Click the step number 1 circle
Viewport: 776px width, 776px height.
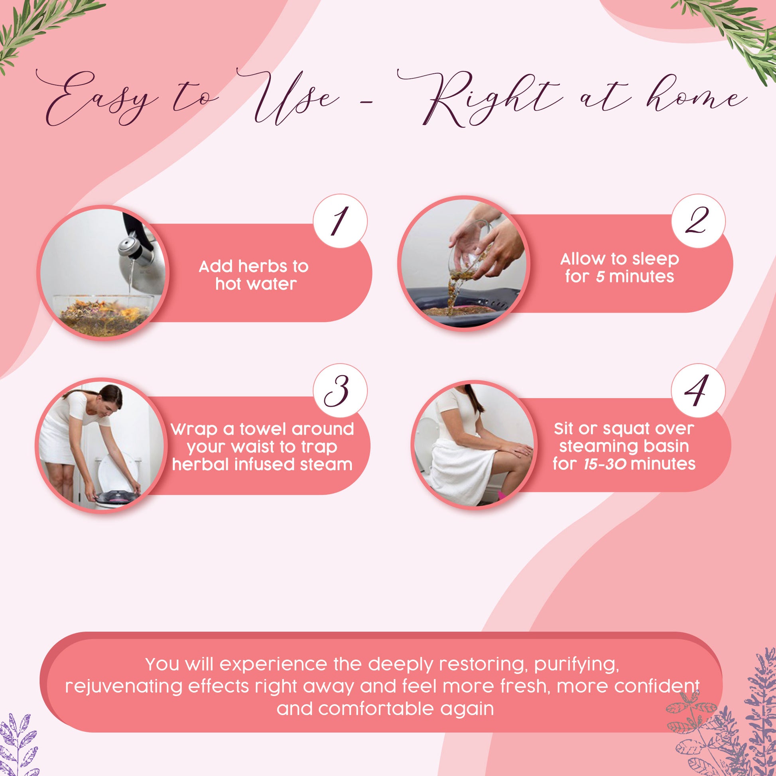pos(340,221)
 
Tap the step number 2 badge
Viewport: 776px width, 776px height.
pos(698,221)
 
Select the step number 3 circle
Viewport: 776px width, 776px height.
pos(340,391)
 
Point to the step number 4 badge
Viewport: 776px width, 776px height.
pos(698,391)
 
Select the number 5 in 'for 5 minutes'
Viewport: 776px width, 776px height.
pos(600,277)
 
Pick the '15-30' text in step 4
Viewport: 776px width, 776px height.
pos(605,464)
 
